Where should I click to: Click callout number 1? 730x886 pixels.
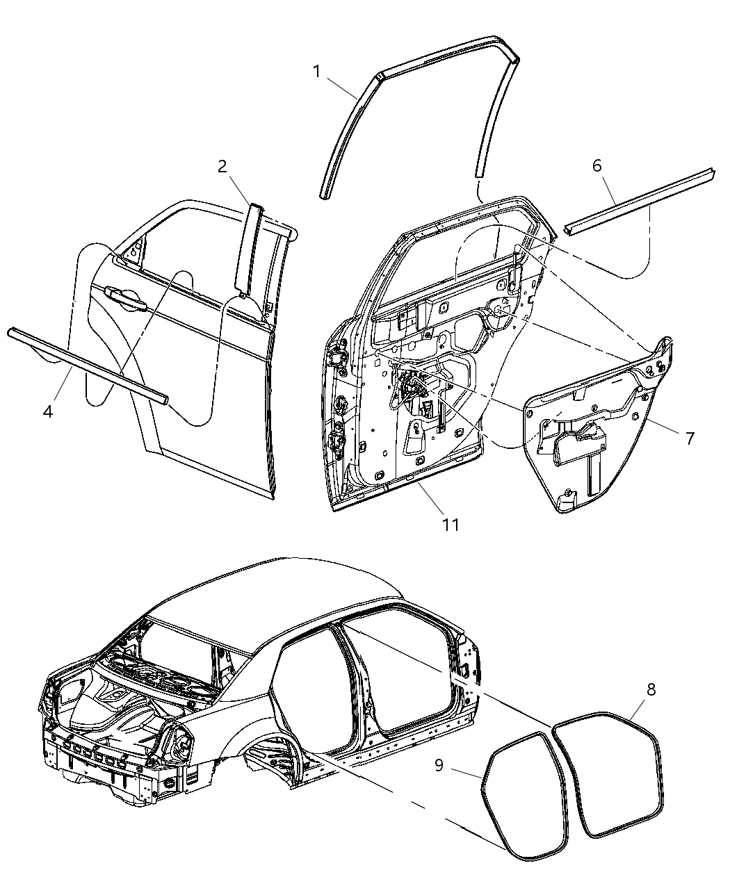(x=316, y=71)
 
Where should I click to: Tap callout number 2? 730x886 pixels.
(x=222, y=166)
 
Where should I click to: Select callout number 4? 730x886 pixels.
(x=47, y=411)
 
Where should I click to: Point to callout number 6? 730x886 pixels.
(x=597, y=165)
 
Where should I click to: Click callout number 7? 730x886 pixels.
(x=689, y=438)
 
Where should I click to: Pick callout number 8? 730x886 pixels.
(x=651, y=689)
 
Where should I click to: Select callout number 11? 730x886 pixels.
(x=451, y=524)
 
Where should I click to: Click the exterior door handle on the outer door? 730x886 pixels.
(x=125, y=297)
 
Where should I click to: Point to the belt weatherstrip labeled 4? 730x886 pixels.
(x=87, y=363)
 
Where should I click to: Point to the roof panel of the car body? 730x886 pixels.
(x=278, y=591)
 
